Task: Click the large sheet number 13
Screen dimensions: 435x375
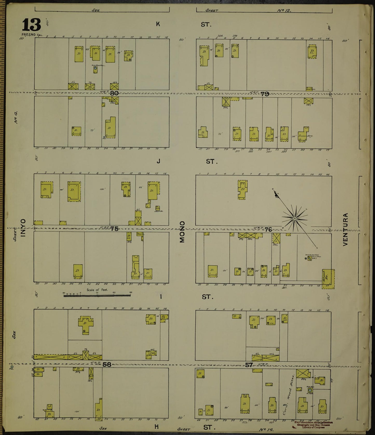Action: pos(31,25)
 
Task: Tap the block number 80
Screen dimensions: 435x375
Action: pos(114,93)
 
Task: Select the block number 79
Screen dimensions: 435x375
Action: pos(265,94)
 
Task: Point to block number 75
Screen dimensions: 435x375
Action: pos(114,229)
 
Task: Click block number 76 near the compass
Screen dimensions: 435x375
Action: pos(268,229)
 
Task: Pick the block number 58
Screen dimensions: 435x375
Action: pos(107,365)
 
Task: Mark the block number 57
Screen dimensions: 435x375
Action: pos(249,365)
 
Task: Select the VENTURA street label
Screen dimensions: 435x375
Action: pos(345,230)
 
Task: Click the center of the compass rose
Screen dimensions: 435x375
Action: pos(295,219)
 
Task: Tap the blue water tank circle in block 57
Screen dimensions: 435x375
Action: pos(310,390)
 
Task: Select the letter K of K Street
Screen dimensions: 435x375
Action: pos(158,24)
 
